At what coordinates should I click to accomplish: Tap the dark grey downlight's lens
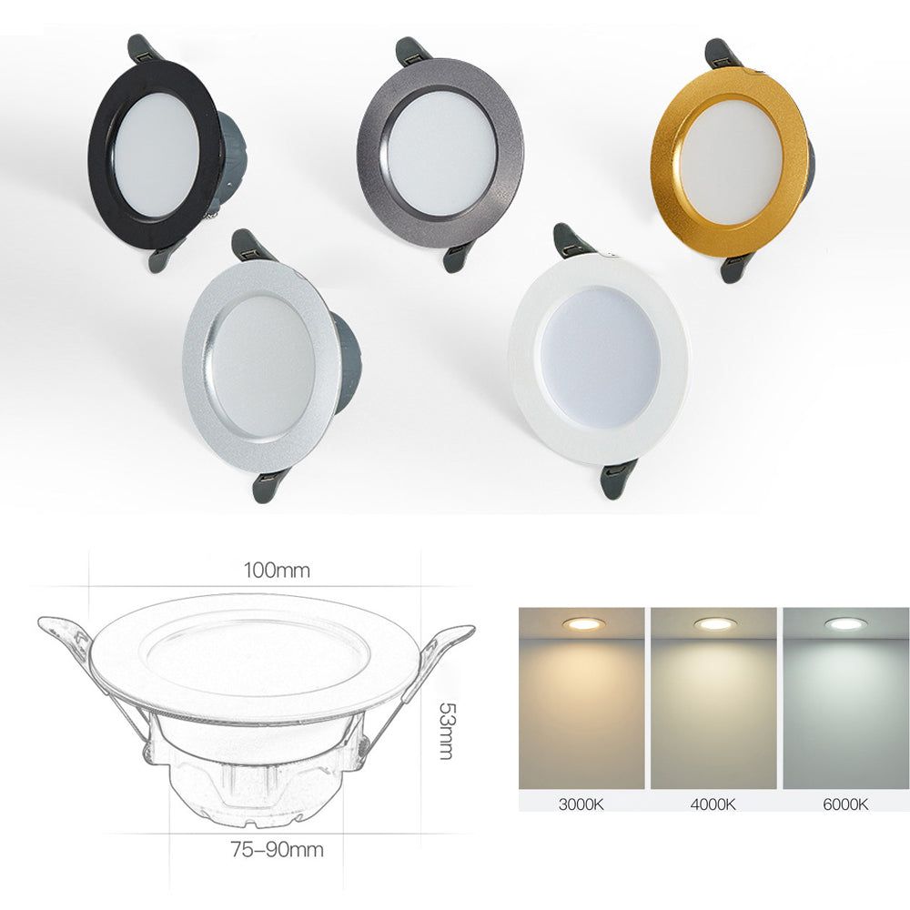pos(440,152)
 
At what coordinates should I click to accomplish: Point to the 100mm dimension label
pos(276,571)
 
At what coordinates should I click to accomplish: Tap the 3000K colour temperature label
pos(581,804)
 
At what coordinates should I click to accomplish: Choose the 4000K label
pos(713,804)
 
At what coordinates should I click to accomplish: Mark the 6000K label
pos(845,804)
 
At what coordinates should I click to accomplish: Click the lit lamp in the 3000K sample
pos(580,624)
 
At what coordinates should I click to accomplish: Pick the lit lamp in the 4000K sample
pos(713,624)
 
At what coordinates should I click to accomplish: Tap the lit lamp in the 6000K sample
pos(844,624)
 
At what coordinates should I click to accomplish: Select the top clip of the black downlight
pos(146,49)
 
